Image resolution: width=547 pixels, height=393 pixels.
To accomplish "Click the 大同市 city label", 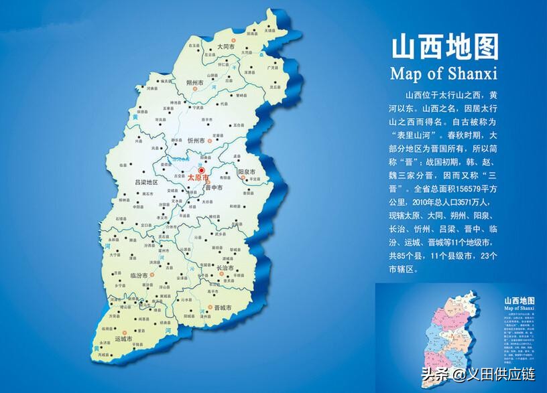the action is point(225,47).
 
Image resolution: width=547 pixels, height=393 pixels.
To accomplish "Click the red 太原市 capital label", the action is point(199,178).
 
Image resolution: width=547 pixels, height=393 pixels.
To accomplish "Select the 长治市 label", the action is point(226,268).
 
